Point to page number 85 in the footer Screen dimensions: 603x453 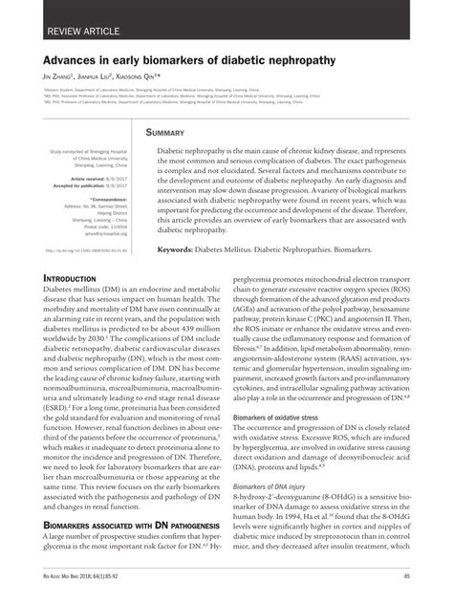coord(407,576)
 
